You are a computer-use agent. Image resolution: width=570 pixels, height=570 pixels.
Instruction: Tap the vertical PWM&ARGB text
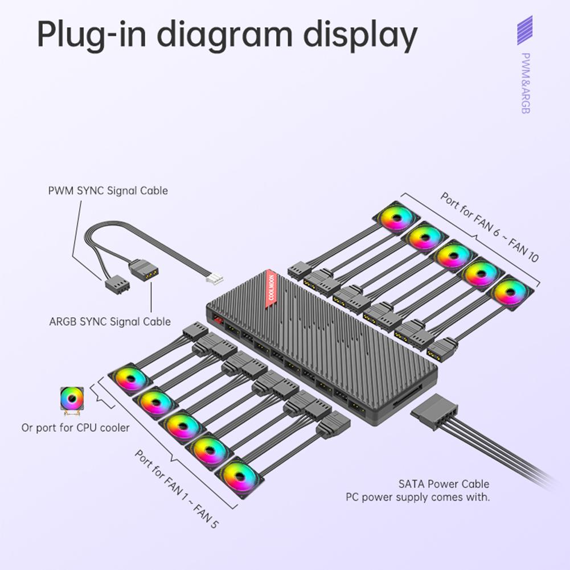click(525, 83)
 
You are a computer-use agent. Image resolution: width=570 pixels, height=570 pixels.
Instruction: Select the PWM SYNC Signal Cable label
click(108, 190)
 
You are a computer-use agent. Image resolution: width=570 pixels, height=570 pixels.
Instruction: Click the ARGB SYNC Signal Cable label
click(110, 322)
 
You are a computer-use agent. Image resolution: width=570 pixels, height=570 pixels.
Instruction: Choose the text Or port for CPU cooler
click(76, 427)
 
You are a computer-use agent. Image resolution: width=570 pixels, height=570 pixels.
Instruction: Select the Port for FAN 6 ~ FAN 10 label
click(489, 227)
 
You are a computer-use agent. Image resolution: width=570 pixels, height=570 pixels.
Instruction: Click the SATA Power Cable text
click(444, 484)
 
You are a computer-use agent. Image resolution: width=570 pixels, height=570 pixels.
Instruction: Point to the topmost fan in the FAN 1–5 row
click(131, 378)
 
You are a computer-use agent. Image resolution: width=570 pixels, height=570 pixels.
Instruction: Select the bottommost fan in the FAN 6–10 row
click(509, 293)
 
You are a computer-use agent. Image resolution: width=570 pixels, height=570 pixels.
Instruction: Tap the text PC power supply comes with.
click(418, 497)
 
